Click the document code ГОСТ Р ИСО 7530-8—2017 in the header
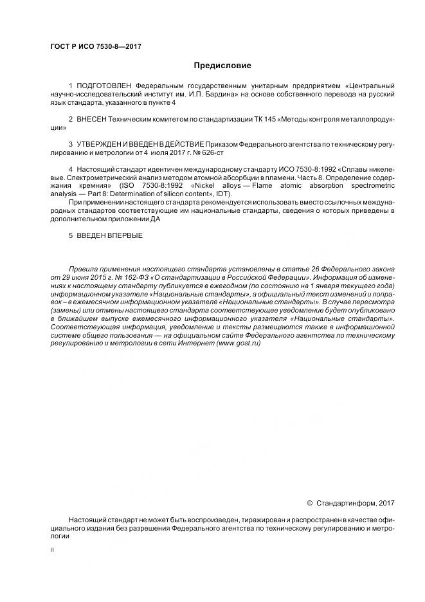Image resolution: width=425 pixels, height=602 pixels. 95,48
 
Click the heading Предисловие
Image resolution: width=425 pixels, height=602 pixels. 222,66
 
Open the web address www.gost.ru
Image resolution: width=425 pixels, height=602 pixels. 239,344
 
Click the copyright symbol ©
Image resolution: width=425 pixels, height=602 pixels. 309,503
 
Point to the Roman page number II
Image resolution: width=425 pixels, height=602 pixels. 52,550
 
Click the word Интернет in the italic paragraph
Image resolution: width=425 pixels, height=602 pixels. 199,344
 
